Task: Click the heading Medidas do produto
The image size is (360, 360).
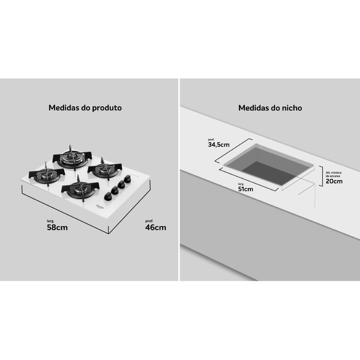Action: click(85, 108)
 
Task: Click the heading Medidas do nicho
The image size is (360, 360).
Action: click(270, 108)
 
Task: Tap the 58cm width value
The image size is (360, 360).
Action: click(57, 228)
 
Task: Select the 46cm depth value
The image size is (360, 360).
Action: click(156, 228)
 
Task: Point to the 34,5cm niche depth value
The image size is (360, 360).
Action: click(219, 145)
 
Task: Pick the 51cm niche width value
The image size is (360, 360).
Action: click(246, 189)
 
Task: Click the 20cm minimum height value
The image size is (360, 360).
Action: click(334, 181)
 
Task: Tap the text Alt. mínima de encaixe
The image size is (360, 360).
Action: click(333, 174)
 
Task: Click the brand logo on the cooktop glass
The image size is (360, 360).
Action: click(100, 206)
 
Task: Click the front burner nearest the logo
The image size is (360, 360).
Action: click(80, 189)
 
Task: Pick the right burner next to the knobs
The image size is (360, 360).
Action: click(104, 169)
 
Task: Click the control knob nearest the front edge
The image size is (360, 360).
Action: click(108, 197)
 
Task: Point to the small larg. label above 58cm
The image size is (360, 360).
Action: click(50, 221)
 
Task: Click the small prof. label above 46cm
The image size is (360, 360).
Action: click(149, 221)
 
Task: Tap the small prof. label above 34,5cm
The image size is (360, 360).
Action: click(211, 140)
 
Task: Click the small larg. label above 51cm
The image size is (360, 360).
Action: click(241, 184)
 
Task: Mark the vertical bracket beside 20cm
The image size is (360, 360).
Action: click(321, 176)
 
